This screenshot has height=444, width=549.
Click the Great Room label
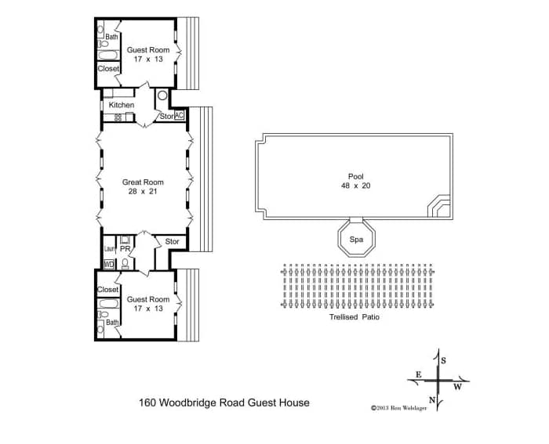[143, 182]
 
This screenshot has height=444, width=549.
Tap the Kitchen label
[122, 105]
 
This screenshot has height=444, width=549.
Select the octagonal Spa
[356, 240]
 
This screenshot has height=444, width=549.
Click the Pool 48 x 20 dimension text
[356, 186]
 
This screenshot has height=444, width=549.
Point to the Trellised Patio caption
[354, 317]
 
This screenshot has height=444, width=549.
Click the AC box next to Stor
[179, 115]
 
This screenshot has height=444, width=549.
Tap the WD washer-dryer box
[109, 265]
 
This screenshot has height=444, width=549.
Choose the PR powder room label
[125, 249]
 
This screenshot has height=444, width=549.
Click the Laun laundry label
[110, 249]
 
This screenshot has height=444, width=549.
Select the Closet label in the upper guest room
[108, 69]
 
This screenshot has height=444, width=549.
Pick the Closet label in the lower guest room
[108, 290]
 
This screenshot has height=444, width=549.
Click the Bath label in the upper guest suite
[111, 37]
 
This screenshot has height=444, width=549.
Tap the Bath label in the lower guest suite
[112, 323]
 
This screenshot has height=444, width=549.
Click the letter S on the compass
[444, 361]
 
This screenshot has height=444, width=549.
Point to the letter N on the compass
[432, 400]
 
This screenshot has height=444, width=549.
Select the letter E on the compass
[418, 375]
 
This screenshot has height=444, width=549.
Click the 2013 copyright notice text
[398, 408]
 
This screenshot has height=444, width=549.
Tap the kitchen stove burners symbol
[118, 117]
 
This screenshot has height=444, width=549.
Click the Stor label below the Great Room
[172, 242]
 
